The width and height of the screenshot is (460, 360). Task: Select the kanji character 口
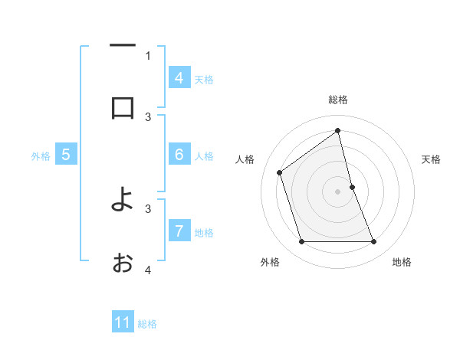pos(123,107)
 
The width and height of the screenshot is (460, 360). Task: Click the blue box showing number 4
pos(179,77)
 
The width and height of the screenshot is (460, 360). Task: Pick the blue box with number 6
pos(179,155)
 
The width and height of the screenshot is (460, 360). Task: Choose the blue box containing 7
pos(179,231)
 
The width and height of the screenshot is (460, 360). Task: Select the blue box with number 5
pos(66,155)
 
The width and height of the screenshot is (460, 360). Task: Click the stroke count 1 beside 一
pos(148,55)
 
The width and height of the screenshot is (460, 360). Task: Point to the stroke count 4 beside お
pos(148,270)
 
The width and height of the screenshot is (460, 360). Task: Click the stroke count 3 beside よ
pos(148,208)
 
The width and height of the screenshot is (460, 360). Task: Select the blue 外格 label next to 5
pos(41,155)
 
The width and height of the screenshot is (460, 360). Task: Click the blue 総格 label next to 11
pos(147,324)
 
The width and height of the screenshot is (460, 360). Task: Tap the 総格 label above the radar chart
pos(338,100)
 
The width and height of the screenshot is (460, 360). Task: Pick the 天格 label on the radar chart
pos(431,159)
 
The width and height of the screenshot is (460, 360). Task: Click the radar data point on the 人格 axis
pos(280,172)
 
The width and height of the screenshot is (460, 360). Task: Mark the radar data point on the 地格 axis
pos(374,242)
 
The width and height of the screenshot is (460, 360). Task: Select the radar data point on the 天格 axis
pos(352,187)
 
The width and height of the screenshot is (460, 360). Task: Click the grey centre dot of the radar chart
pos(338,191)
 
